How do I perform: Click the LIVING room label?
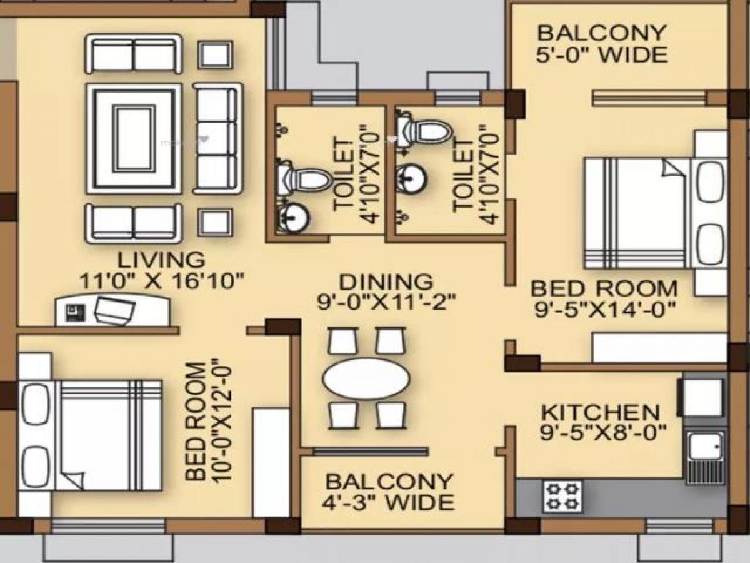(x=161, y=259)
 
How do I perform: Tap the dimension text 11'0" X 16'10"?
(x=161, y=281)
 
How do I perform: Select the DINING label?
(x=385, y=281)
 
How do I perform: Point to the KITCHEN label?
(x=600, y=413)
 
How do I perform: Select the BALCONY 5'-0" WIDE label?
(x=601, y=44)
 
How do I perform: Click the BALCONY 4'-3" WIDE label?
(x=389, y=492)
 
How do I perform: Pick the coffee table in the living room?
(x=134, y=138)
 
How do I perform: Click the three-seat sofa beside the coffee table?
(x=217, y=138)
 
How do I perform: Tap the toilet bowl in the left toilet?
(x=306, y=180)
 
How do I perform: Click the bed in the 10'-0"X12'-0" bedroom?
(x=94, y=435)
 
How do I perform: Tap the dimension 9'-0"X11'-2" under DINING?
(x=385, y=302)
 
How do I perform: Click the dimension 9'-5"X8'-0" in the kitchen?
(x=600, y=433)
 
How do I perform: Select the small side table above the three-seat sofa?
(x=216, y=55)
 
